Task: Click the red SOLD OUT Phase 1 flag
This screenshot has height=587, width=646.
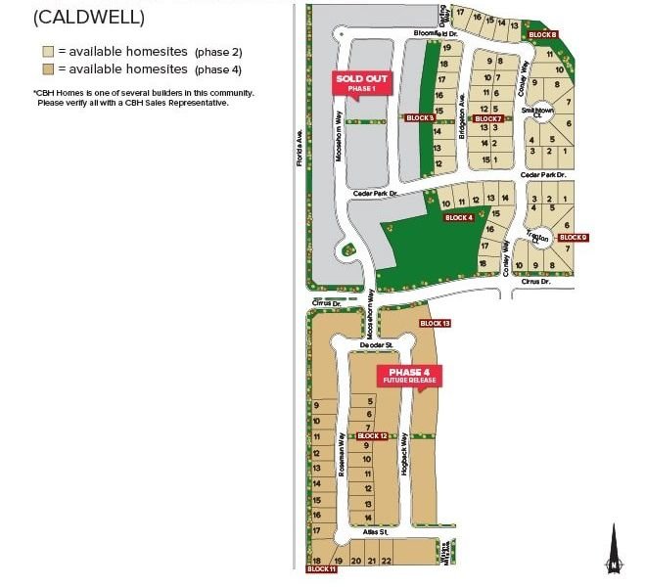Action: click(x=362, y=82)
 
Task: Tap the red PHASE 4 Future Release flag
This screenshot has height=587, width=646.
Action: click(x=409, y=375)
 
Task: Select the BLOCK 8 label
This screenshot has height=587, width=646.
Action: click(x=542, y=34)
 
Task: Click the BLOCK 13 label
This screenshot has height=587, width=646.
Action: click(x=435, y=323)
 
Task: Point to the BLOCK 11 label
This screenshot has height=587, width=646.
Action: click(x=321, y=568)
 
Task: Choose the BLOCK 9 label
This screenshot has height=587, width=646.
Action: click(x=573, y=238)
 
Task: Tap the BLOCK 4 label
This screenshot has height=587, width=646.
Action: click(x=458, y=218)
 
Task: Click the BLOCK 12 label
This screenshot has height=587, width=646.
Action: click(x=373, y=436)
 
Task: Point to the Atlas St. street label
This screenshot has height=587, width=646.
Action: click(x=376, y=532)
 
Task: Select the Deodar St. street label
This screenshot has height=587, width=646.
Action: click(x=376, y=345)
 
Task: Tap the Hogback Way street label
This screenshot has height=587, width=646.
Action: click(x=404, y=461)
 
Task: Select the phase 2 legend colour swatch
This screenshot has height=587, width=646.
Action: click(x=47, y=51)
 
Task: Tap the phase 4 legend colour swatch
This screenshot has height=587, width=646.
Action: click(x=47, y=68)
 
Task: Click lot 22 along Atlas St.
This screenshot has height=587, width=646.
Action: click(x=387, y=561)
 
